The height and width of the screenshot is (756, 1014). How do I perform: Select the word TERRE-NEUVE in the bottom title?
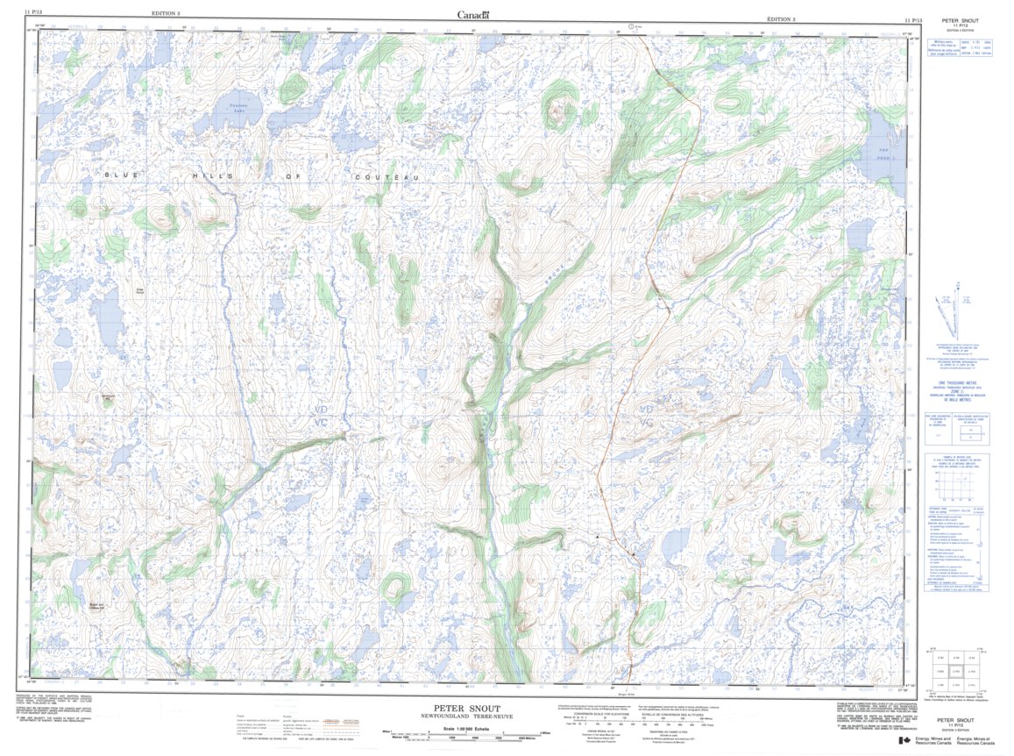(487, 717)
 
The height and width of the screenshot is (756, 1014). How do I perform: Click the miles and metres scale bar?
(465, 736)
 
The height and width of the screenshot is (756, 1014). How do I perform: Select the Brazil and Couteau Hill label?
(96, 606)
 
